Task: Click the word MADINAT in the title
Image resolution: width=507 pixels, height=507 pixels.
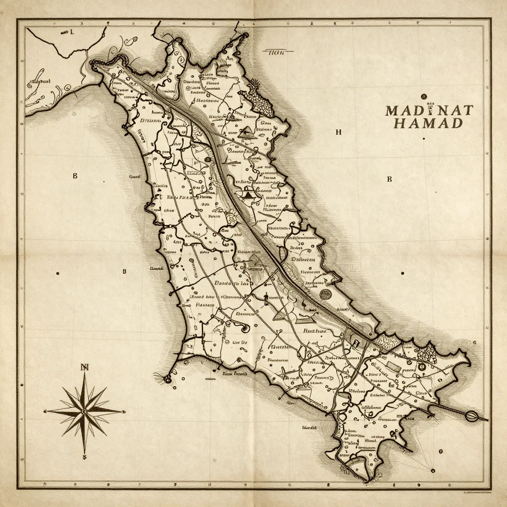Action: pyautogui.click(x=429, y=110)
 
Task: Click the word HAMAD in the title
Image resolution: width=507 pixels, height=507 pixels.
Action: pyautogui.click(x=429, y=124)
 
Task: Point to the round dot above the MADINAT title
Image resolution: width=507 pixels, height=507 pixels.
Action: pyautogui.click(x=423, y=97)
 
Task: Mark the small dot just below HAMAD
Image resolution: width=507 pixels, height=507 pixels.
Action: pyautogui.click(x=424, y=139)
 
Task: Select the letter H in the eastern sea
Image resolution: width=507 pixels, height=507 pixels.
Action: pyautogui.click(x=338, y=132)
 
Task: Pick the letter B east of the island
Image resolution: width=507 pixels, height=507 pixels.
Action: pyautogui.click(x=389, y=179)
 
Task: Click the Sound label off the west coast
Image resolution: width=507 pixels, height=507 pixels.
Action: pyautogui.click(x=134, y=176)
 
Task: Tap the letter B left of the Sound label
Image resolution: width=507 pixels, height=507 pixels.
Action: pyautogui.click(x=75, y=176)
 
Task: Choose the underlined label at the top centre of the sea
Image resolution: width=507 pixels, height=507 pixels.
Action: pyautogui.click(x=273, y=51)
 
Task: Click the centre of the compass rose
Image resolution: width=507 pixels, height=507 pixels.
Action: pyautogui.click(x=84, y=411)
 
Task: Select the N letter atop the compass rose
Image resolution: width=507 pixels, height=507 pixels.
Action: pyautogui.click(x=84, y=367)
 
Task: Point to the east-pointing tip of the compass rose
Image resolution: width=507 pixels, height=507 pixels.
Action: pyautogui.click(x=122, y=411)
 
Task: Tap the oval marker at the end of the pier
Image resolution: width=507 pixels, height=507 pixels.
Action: pyautogui.click(x=470, y=416)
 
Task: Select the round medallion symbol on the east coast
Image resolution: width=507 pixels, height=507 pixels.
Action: pyautogui.click(x=325, y=294)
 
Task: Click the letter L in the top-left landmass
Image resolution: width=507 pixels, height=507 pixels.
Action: pyautogui.click(x=72, y=33)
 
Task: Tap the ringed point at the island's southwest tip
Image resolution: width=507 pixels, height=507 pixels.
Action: pyautogui.click(x=167, y=379)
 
